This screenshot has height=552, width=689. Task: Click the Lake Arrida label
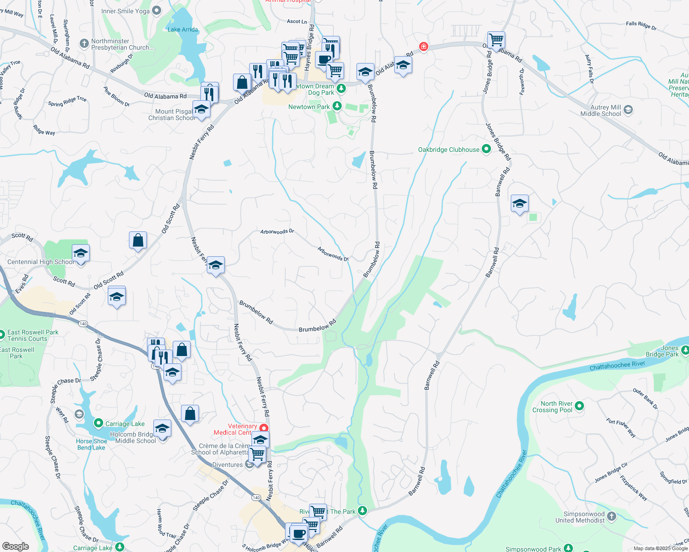click(183, 29)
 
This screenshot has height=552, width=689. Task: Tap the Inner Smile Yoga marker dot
click(157, 10)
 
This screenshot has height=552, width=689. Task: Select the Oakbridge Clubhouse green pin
click(486, 149)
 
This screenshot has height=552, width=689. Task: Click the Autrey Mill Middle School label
click(601, 110)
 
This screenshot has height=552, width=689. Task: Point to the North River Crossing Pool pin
click(579, 406)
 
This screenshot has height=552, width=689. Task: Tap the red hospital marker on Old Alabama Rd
click(423, 46)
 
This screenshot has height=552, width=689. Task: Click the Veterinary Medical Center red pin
click(264, 428)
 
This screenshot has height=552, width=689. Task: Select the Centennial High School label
click(40, 262)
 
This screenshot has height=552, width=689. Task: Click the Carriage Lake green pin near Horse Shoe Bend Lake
click(98, 423)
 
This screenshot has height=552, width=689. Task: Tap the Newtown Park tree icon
click(337, 106)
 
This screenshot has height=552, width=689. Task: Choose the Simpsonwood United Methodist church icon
click(611, 516)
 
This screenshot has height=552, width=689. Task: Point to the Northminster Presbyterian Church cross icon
click(84, 43)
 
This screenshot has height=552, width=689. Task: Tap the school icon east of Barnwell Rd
click(520, 203)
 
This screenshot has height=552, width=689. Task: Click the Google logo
click(16, 546)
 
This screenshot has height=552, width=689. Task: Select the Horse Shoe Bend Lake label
click(91, 444)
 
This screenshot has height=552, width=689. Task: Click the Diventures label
click(228, 465)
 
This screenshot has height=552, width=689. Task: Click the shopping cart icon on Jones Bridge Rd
click(496, 40)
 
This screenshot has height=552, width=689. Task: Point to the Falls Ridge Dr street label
click(641, 26)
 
